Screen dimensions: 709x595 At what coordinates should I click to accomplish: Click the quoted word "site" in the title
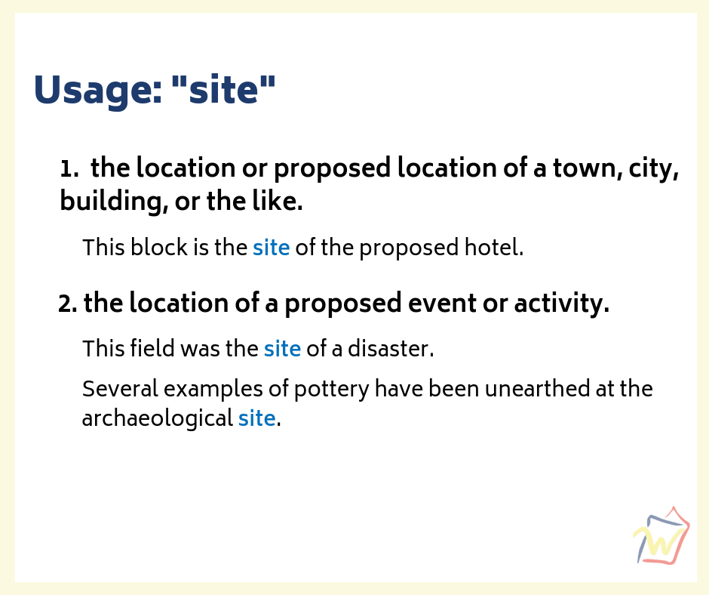tap(223, 88)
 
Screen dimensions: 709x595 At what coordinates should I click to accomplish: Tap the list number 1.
tap(69, 169)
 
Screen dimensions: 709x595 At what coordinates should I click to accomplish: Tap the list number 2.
tap(67, 304)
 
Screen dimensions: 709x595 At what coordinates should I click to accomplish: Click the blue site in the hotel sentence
tap(272, 248)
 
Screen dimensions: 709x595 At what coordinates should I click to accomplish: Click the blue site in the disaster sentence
tap(282, 349)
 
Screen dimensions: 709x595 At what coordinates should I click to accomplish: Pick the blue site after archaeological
tap(257, 418)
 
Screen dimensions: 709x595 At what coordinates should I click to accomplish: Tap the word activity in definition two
tap(562, 304)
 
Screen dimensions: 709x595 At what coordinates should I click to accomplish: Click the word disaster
tap(391, 349)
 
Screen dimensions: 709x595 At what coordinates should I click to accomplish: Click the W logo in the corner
tap(661, 536)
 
